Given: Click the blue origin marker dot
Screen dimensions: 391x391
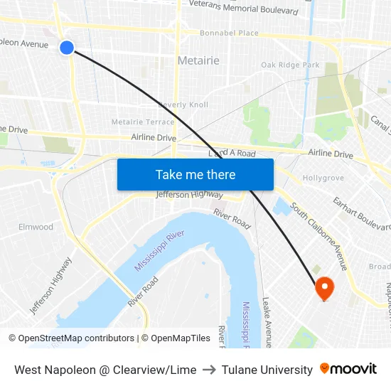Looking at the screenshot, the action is [67, 48].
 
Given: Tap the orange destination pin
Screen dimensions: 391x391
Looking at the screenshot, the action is [324, 288].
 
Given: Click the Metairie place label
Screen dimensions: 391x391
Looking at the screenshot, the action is [198, 60].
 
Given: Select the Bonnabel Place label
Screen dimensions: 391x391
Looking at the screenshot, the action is [229, 33].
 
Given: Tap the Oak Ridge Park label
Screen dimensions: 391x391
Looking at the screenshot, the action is [290, 65].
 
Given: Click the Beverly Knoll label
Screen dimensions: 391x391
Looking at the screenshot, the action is [183, 105].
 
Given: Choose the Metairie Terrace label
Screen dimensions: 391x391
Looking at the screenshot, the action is [143, 122].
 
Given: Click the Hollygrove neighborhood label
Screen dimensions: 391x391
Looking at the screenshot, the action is [323, 178].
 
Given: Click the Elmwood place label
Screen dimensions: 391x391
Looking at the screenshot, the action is [36, 227].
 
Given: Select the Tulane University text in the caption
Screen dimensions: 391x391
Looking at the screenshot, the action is [267, 370].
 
